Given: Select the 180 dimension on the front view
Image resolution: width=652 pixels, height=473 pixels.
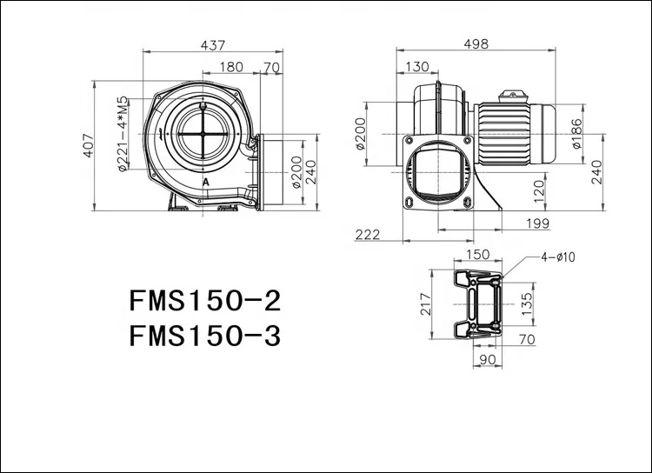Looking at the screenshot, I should coord(232,67).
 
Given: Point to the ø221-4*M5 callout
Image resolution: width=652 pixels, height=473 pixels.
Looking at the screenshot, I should coord(123,135).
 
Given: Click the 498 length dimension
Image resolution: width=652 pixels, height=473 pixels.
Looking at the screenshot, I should coord(476,43).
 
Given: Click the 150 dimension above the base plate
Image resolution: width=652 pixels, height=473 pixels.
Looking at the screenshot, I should coord(478,255).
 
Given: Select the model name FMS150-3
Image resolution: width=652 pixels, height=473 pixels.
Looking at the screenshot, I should coord(205,336).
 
